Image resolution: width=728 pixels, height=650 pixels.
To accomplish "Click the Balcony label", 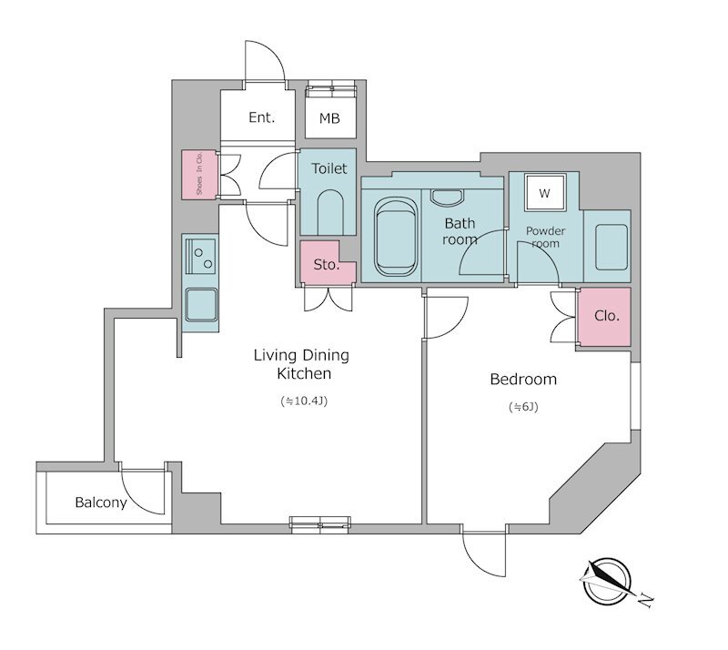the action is (x=101, y=503).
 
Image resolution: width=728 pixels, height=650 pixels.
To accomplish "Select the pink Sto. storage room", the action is (x=327, y=262).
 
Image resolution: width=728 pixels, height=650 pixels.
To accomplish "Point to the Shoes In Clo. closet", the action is (x=199, y=175).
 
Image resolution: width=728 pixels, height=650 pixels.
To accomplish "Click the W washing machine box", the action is (x=545, y=193).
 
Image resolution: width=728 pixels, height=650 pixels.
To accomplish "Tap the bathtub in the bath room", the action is (x=396, y=237).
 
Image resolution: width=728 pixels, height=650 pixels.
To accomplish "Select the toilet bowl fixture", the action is (x=330, y=212).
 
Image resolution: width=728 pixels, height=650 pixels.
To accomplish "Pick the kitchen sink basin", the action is (x=201, y=305).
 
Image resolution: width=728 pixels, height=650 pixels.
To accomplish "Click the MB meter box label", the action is (x=329, y=118).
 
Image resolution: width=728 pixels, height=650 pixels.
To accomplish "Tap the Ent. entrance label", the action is (x=262, y=117).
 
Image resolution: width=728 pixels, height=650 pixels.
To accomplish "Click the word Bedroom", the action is (x=523, y=379).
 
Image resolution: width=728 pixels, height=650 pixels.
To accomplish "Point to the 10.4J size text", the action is (x=304, y=401).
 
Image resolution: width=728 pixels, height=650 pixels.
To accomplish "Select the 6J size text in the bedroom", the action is (x=523, y=407).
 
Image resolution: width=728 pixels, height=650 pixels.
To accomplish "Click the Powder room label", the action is (x=545, y=237).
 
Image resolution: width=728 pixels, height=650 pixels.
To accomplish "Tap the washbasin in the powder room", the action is (x=612, y=247).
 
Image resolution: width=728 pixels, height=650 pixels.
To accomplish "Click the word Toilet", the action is (x=329, y=168).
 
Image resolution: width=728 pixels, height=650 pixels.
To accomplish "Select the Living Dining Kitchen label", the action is (x=302, y=364).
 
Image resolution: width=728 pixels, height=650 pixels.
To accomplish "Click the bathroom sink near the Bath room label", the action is (x=447, y=197).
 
